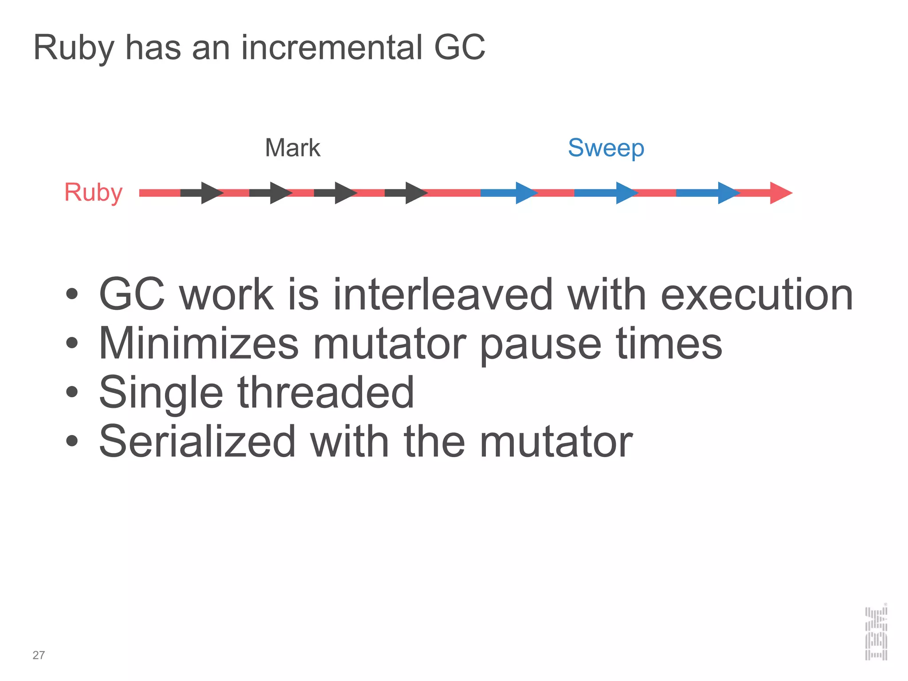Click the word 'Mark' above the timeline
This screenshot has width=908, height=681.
(x=292, y=148)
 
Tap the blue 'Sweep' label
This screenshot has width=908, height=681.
(x=606, y=148)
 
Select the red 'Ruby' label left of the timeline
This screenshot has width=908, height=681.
(x=93, y=192)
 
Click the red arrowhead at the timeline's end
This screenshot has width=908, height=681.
(x=780, y=193)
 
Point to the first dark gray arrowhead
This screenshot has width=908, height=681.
(x=211, y=193)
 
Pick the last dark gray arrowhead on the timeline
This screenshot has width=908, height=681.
(x=415, y=193)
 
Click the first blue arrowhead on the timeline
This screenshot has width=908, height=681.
(x=525, y=193)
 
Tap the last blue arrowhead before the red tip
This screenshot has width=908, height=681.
(x=728, y=193)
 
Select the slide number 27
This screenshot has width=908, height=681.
(x=39, y=655)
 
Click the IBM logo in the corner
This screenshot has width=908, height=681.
(x=876, y=633)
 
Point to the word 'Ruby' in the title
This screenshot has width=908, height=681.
(x=74, y=48)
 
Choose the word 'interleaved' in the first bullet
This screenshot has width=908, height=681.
(x=443, y=294)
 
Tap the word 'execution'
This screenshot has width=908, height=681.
(x=757, y=294)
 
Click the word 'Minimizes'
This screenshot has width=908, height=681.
(x=199, y=343)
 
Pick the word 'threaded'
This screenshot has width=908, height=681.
(x=325, y=392)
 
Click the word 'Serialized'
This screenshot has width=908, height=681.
(x=197, y=441)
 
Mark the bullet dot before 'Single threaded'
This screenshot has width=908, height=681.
(x=72, y=392)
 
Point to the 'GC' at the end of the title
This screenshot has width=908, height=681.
(x=459, y=47)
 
